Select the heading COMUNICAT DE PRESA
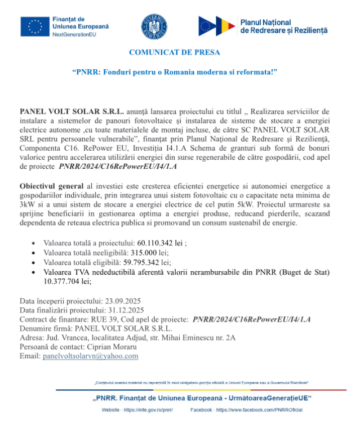pos(174,52)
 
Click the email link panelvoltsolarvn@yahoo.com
pos(91,356)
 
